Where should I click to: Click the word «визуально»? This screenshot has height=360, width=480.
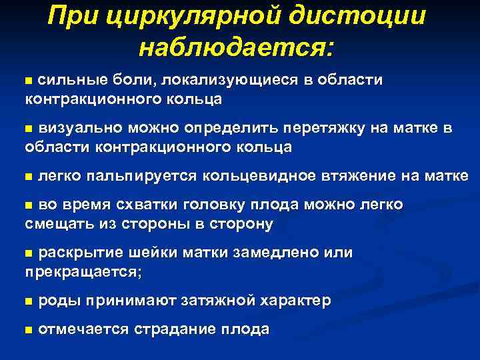(x=73, y=127)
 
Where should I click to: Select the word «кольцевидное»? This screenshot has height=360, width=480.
(x=259, y=175)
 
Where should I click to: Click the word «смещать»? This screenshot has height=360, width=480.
(x=55, y=223)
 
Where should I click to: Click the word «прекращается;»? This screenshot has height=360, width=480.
(x=83, y=272)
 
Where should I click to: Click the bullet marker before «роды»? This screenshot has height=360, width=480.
(x=28, y=302)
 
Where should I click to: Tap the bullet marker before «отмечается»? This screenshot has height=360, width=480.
(x=28, y=330)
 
